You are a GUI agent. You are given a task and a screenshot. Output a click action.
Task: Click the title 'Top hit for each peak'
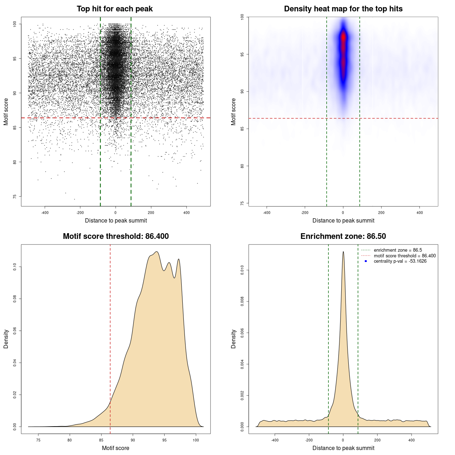(115, 9)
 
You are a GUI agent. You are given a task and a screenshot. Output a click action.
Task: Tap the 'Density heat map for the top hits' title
(343, 9)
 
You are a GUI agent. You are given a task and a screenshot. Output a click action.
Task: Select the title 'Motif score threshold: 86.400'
(116, 236)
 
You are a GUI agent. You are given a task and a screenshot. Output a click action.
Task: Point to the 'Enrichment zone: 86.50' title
(343, 236)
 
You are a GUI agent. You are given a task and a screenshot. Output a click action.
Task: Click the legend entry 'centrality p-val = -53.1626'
(400, 261)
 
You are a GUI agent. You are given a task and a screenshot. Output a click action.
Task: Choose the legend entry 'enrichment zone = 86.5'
(398, 250)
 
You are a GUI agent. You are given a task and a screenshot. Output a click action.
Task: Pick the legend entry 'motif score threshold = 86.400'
(405, 256)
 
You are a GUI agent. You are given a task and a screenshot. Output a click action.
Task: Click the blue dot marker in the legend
(366, 261)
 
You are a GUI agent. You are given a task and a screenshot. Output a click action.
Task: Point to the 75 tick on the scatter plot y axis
(15, 197)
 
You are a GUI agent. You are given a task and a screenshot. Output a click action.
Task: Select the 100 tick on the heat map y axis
(242, 17)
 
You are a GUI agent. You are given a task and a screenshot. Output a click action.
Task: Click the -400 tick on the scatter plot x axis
(45, 213)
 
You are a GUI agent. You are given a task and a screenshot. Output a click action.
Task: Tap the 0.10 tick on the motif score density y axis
(15, 267)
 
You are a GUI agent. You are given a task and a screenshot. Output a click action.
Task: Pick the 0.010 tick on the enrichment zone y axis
(242, 270)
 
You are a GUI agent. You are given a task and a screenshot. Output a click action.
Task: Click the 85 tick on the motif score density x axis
(101, 440)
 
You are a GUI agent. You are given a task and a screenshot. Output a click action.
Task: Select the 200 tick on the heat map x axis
(381, 213)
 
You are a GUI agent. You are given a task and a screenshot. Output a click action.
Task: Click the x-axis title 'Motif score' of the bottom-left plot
(116, 448)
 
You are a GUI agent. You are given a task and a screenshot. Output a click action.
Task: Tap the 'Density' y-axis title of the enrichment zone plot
(234, 339)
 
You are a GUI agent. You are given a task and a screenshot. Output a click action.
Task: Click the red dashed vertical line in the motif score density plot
(110, 338)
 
